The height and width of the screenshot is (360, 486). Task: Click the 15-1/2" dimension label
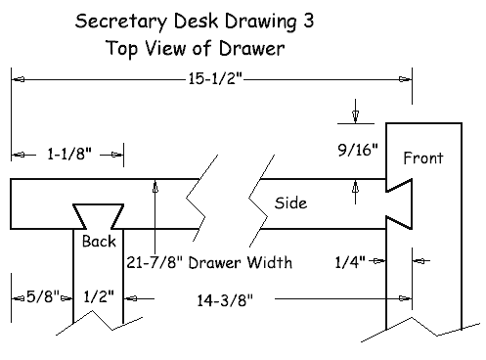coord(215,78)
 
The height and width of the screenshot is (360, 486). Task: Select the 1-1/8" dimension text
coord(69,154)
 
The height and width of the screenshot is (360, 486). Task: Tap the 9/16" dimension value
coord(358,150)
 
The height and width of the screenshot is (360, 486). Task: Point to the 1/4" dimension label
coord(350,262)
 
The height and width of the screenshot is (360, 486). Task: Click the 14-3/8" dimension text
coord(225,300)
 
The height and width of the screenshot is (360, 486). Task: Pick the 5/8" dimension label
coord(43,296)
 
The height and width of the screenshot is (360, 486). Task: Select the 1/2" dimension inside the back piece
coord(99,296)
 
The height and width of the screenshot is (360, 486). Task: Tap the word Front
coord(423,157)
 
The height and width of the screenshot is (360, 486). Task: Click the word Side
coord(290,202)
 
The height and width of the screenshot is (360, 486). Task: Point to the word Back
coord(99,242)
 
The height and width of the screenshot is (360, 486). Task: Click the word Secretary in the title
coord(121,22)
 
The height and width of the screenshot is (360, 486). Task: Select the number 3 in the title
coord(308,21)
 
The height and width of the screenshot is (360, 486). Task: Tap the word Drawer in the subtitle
coord(251,48)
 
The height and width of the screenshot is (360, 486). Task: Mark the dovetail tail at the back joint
coord(98,216)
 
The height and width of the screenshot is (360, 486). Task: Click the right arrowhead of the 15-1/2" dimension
coord(406,79)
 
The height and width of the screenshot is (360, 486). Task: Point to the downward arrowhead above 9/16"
coord(355,116)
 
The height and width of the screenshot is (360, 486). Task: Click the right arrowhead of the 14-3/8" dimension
coord(406,298)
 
